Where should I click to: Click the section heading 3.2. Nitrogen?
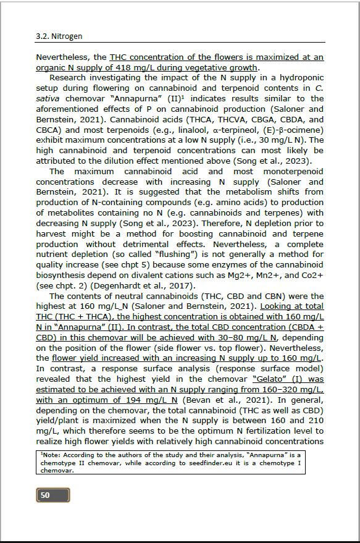point(59,36)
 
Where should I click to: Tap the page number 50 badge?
point(52,495)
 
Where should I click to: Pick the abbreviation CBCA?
point(50,130)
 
